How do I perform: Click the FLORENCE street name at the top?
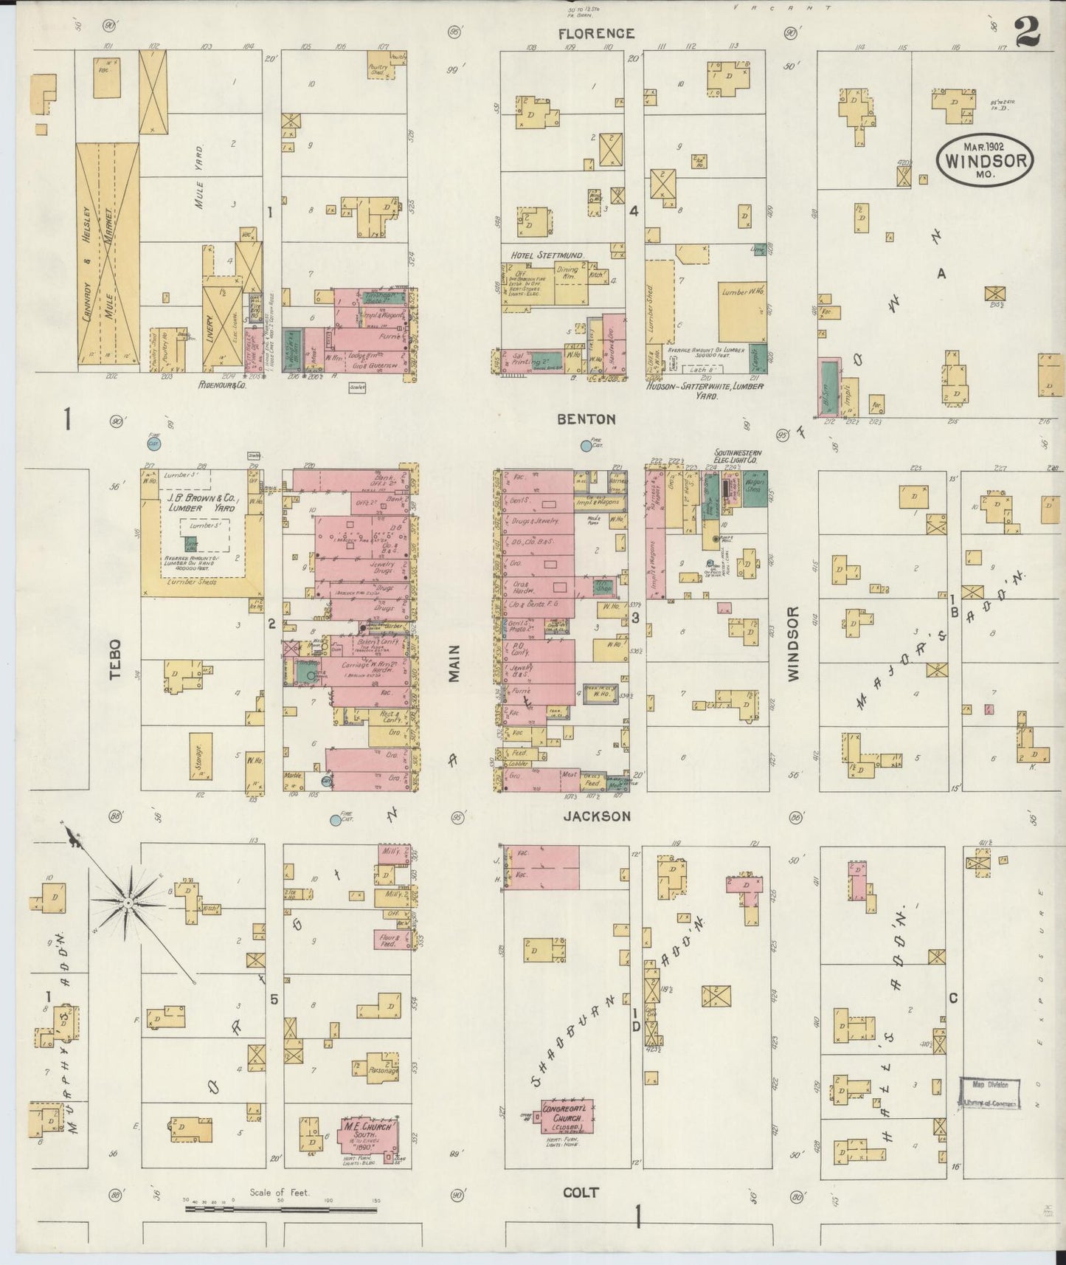pos(595,33)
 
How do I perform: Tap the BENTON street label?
pos(586,418)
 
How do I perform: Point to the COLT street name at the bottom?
pos(581,1191)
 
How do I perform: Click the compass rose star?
pos(128,903)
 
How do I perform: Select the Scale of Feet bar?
pos(280,1209)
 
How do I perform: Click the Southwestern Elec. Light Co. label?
pos(737,456)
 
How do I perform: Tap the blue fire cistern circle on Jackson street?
pos(336,819)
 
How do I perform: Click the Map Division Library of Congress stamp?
pos(989,1093)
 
